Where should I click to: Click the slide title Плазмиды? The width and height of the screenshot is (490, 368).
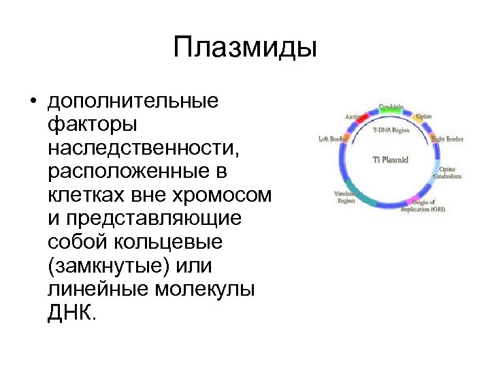coord(245,48)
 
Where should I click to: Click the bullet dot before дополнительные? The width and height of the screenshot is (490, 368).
coord(32,102)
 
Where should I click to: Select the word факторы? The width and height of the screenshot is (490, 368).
coord(92,125)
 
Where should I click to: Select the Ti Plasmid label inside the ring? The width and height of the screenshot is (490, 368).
coord(391,161)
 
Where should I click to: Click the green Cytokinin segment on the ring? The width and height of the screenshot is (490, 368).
coord(390,110)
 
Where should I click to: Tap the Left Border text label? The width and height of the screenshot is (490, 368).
coord(333,139)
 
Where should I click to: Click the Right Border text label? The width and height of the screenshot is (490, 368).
coord(448,139)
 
